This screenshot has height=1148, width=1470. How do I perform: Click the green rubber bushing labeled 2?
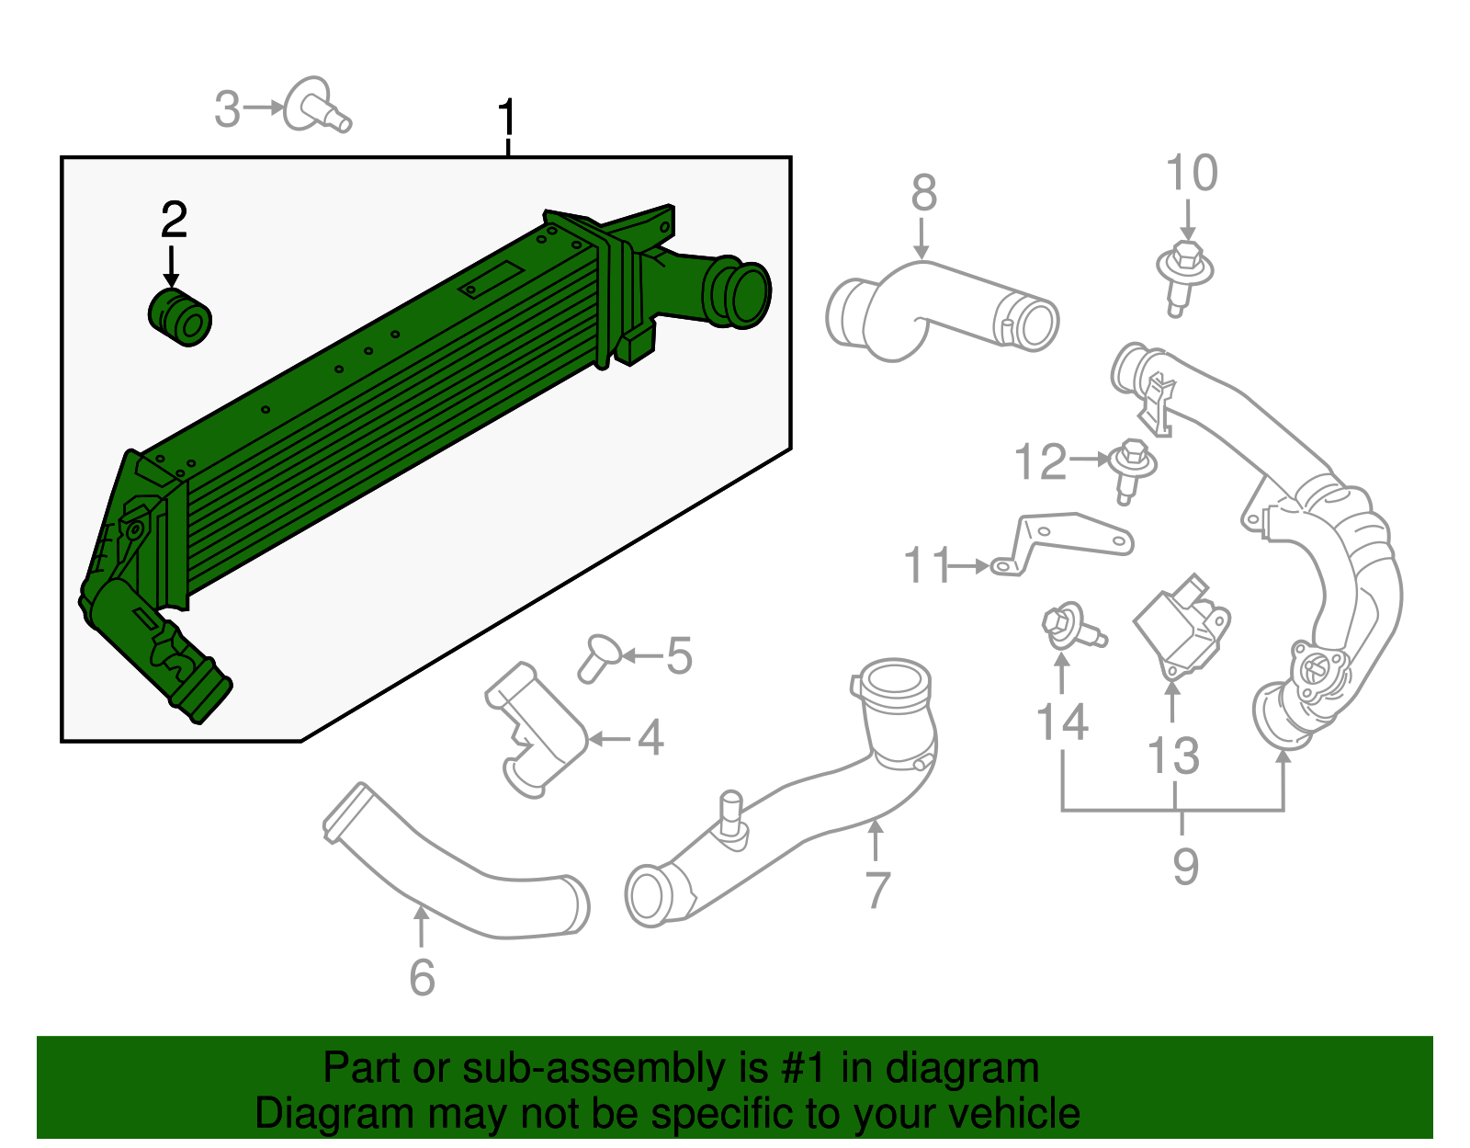180,318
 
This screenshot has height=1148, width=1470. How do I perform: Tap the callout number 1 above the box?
507,119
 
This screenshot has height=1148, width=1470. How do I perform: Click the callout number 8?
923,194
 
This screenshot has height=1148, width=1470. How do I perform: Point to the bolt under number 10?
1183,275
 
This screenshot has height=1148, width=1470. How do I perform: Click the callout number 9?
1185,866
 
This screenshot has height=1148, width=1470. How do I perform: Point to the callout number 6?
422,977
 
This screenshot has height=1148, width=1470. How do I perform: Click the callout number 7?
877,890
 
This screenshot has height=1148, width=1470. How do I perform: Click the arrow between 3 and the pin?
265,108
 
